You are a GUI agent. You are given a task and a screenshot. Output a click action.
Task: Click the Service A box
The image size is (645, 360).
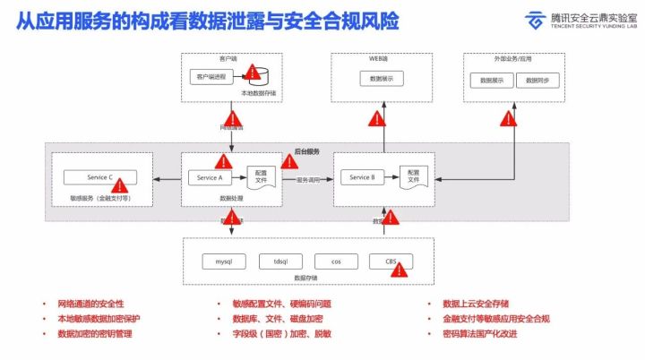point(209,178)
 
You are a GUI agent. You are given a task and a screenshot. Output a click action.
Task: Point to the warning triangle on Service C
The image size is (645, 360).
point(118,184)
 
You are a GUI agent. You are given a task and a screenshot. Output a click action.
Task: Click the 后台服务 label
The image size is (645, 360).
point(307,150)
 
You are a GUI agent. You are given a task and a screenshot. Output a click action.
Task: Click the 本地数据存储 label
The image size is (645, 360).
point(259,93)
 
